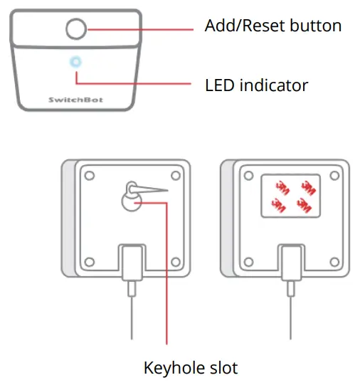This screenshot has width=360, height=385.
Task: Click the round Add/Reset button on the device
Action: pyautogui.click(x=75, y=29)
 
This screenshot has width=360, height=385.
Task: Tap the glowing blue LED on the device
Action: pyautogui.click(x=75, y=62)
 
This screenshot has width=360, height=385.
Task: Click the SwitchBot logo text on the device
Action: pyautogui.click(x=75, y=100)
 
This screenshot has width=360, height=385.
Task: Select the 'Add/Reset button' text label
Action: pyautogui.click(x=272, y=26)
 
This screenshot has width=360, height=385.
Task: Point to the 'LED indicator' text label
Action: pyautogui.click(x=256, y=85)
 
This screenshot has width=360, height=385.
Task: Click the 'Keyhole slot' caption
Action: pyautogui.click(x=191, y=368)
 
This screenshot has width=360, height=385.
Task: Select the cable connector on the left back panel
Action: pyautogui.click(x=131, y=262)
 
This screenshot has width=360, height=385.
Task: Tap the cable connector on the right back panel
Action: pyautogui.click(x=290, y=262)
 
